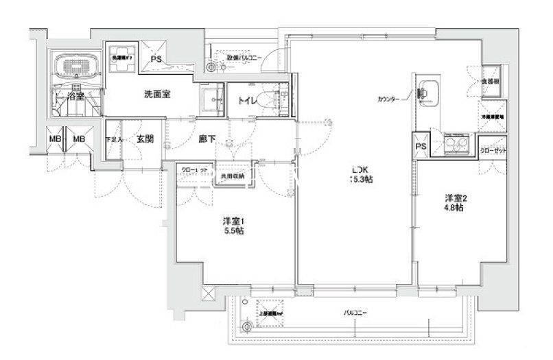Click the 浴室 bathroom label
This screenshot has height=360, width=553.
click(x=75, y=96)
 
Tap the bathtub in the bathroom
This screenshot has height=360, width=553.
click(x=75, y=67)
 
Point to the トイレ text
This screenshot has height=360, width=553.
click(x=247, y=101)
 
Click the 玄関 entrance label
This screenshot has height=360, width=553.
click(x=145, y=139)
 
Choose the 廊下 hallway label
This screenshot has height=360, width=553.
click(x=207, y=139)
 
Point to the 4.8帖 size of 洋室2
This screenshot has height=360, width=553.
click(x=450, y=207)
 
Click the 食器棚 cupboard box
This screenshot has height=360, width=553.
click(x=491, y=81)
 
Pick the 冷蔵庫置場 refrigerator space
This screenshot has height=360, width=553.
click(x=491, y=115)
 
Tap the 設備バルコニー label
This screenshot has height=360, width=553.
click(x=237, y=59)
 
